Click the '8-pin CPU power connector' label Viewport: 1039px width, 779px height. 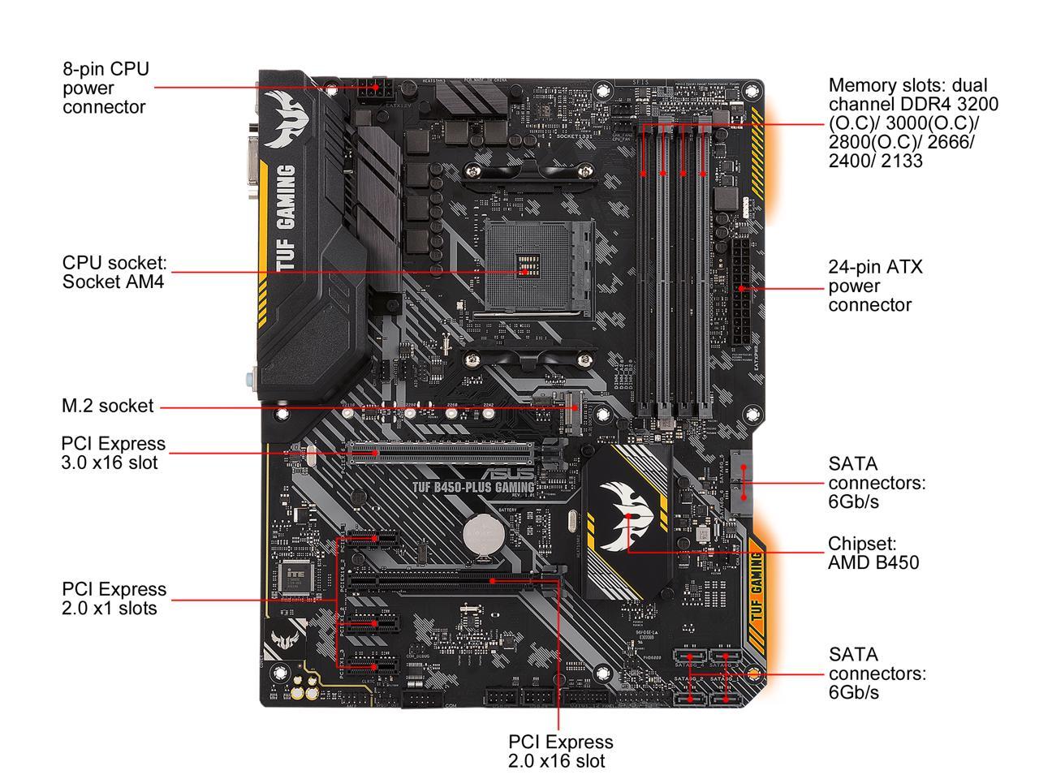(x=106, y=88)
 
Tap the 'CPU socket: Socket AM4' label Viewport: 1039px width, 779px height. (x=114, y=273)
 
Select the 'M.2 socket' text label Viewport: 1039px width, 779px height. (x=107, y=406)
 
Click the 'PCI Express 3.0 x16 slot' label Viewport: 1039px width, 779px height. (x=113, y=453)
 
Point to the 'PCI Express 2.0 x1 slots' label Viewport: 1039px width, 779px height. (x=114, y=598)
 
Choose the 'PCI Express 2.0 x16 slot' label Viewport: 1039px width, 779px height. (x=560, y=751)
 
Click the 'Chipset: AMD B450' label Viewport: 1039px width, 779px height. (x=873, y=553)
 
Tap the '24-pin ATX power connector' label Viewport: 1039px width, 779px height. (x=875, y=286)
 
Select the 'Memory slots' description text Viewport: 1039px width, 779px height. (x=913, y=123)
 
